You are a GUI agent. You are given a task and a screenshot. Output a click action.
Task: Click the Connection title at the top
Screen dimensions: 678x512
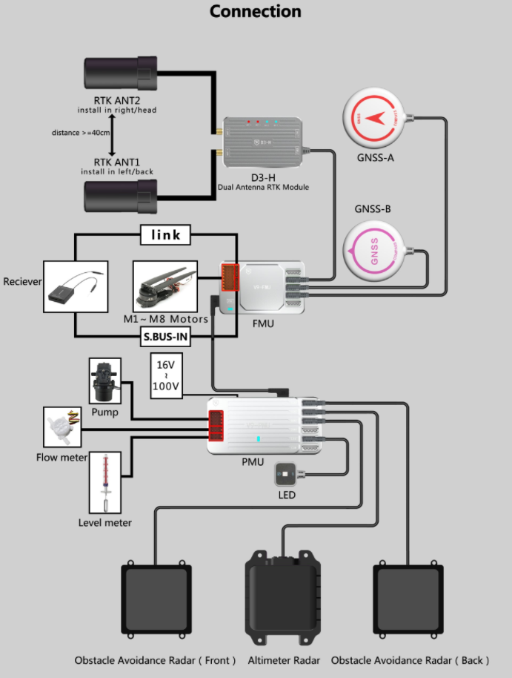pos(256,12)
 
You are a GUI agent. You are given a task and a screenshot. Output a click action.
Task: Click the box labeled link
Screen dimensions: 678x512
pos(165,235)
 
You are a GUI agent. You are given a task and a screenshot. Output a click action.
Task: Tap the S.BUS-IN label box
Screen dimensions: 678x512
pos(166,338)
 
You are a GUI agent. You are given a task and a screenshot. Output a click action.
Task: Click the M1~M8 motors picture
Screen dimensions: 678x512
pos(165,286)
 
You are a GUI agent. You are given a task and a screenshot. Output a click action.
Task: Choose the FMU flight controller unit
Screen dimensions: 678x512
pos(263,287)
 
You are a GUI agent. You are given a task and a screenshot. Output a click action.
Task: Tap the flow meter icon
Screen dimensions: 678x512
pos(62,427)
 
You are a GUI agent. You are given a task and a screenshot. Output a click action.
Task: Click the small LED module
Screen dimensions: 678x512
pos(286,474)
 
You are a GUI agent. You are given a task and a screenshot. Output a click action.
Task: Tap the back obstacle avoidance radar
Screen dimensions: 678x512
pos(408,600)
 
